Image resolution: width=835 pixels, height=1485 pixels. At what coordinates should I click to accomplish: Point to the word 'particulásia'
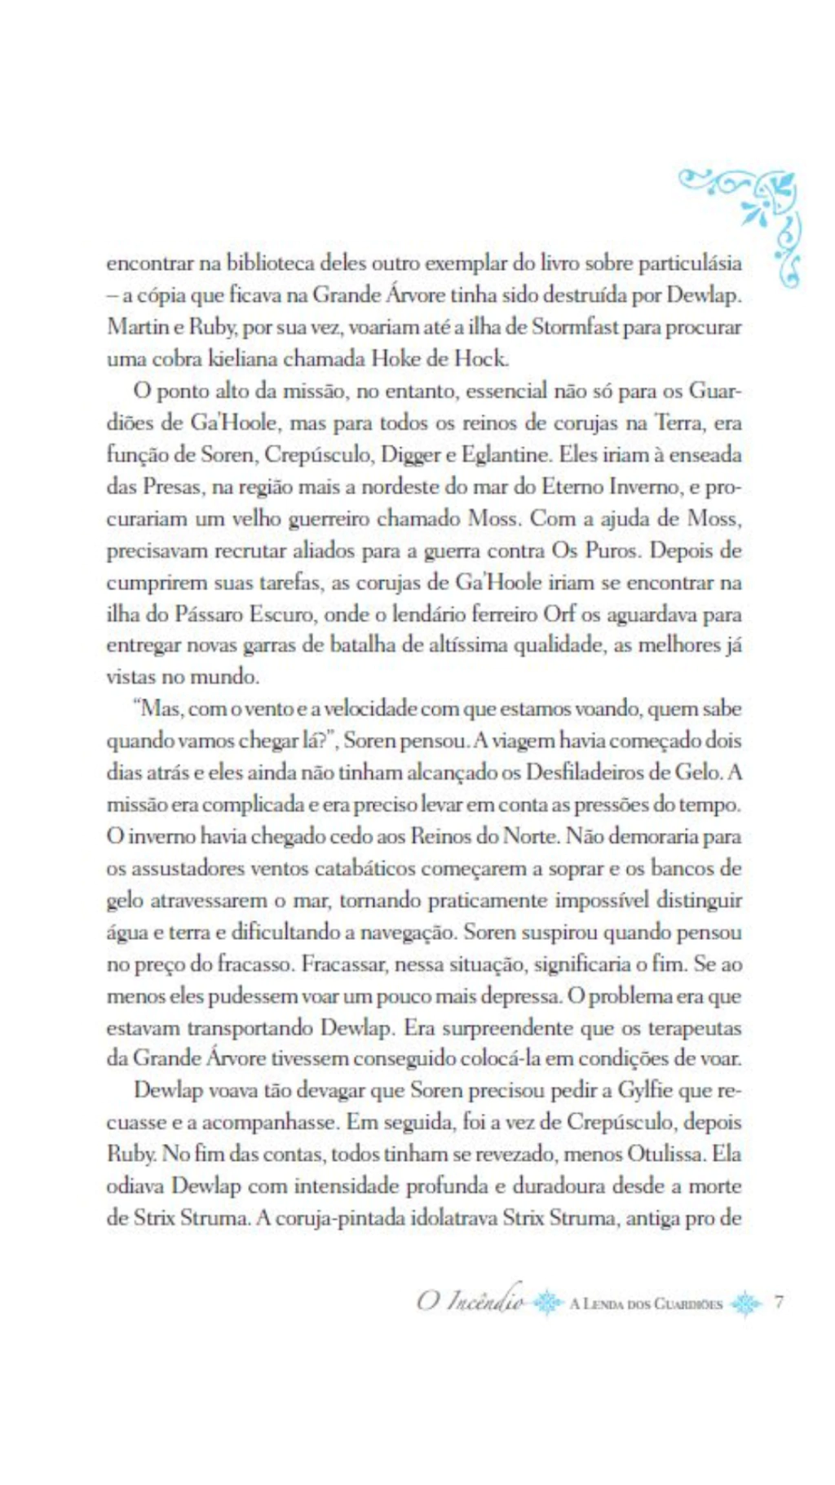[690, 264]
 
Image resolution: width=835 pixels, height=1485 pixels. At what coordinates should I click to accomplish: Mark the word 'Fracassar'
[344, 964]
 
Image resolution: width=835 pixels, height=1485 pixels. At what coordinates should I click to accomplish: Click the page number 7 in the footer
[779, 1301]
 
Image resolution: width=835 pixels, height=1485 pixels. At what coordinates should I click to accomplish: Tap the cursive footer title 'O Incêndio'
[471, 1301]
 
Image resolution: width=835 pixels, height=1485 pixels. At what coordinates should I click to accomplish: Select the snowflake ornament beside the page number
[746, 1303]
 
